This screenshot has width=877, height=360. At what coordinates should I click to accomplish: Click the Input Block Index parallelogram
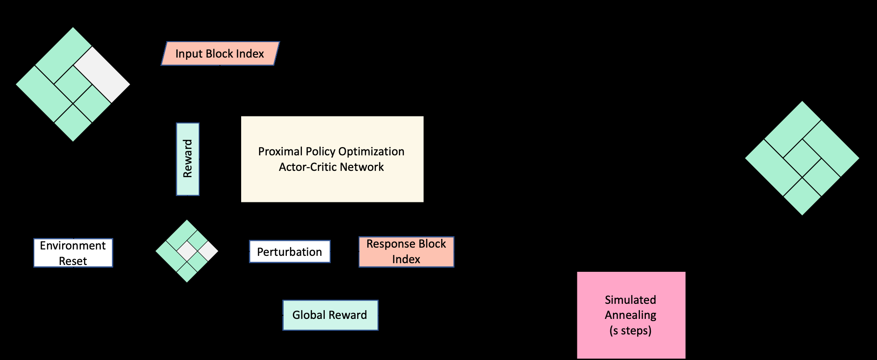point(220,53)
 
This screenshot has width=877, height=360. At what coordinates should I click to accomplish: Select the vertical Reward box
point(188,159)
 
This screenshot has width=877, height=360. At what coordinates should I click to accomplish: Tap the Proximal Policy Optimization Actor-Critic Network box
point(332,159)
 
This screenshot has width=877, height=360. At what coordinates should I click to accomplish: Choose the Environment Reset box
point(73,253)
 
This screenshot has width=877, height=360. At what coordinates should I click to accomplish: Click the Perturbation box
point(290,252)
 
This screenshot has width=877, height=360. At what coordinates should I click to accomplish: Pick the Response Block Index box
point(406,252)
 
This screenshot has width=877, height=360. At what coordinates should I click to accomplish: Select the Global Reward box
point(330,315)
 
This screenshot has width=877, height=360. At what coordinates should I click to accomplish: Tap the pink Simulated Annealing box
point(631,315)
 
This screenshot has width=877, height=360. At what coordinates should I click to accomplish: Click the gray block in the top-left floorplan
point(101,74)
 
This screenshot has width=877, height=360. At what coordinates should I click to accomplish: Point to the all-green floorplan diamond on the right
point(802,158)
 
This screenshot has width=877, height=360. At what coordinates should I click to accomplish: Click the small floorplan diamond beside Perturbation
point(187,251)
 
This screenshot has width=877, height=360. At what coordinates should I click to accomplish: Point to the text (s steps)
point(630,330)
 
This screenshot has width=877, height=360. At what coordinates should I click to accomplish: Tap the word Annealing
point(630,315)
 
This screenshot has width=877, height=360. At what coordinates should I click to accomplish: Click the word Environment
point(73,245)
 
